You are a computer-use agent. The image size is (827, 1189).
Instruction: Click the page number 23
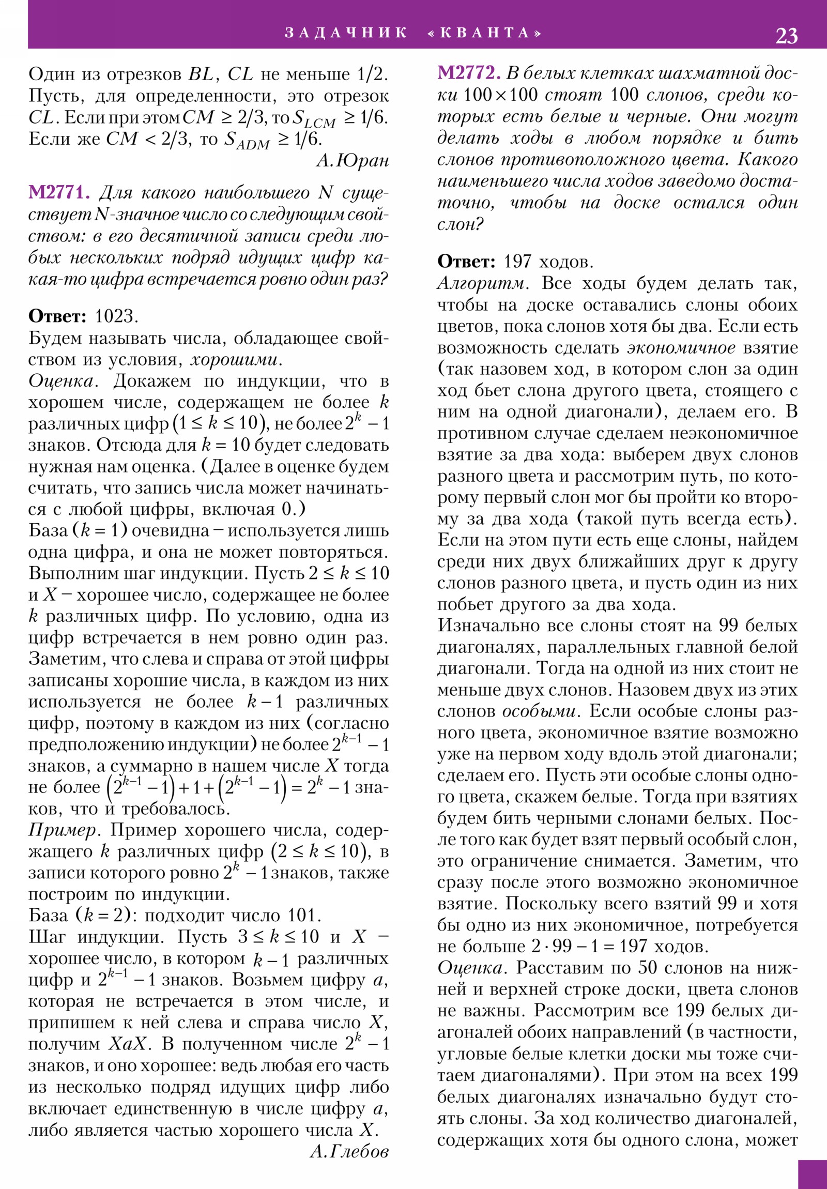(x=786, y=36)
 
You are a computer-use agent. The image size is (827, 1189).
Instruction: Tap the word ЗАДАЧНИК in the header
(x=346, y=33)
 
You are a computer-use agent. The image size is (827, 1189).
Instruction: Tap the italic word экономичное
(x=681, y=348)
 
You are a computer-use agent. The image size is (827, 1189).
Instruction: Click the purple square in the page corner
(x=812, y=1174)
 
